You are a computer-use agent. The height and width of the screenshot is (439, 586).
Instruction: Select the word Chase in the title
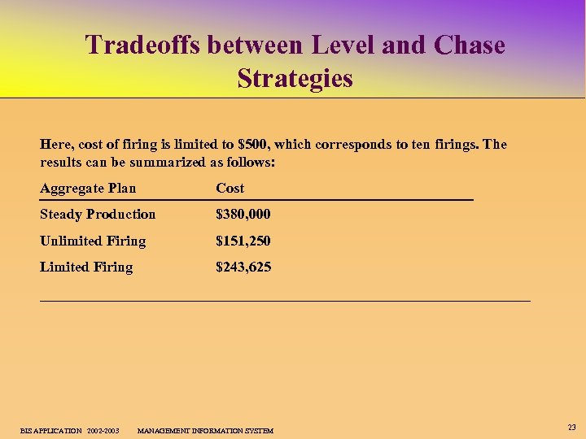[x=470, y=45]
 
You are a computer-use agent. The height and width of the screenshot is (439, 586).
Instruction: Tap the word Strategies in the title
[x=295, y=79]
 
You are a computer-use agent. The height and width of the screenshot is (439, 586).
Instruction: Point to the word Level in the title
[x=333, y=45]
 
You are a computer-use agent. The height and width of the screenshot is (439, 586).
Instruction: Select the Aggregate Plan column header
[x=88, y=189]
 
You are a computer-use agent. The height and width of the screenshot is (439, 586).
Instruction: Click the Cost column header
[x=230, y=189]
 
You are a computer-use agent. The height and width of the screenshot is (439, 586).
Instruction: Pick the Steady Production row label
[x=98, y=215]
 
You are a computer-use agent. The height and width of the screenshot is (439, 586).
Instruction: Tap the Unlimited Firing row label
[x=93, y=241]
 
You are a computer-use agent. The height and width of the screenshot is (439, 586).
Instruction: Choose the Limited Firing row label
[x=86, y=267]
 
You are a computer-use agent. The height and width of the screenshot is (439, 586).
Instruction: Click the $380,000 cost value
[x=243, y=215]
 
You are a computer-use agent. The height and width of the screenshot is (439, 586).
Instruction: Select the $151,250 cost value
[x=243, y=241]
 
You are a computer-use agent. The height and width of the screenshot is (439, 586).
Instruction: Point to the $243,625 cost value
[x=243, y=267]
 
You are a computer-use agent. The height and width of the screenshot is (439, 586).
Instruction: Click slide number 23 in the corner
[x=571, y=427]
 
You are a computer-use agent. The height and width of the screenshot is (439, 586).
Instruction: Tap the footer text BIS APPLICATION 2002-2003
[x=70, y=430]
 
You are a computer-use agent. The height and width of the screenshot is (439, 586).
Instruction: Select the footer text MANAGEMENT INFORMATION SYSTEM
[x=205, y=430]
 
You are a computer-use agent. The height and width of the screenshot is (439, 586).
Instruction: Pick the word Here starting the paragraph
[x=56, y=145]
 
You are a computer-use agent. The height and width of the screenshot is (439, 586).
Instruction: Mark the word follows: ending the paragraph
[x=251, y=163]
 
